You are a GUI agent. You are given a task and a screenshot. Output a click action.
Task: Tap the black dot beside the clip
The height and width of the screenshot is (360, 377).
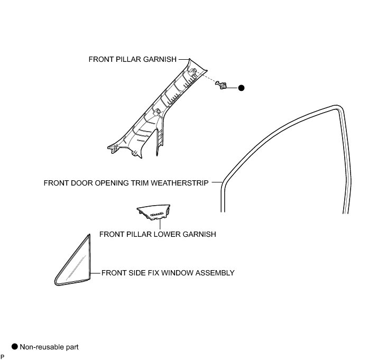(241, 88)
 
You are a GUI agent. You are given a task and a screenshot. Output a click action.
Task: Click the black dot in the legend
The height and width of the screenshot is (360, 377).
(14, 347)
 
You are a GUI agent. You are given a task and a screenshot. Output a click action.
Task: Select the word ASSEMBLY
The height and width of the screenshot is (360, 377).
(215, 273)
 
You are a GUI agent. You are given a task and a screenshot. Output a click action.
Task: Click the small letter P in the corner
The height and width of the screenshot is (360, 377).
(2, 357)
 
